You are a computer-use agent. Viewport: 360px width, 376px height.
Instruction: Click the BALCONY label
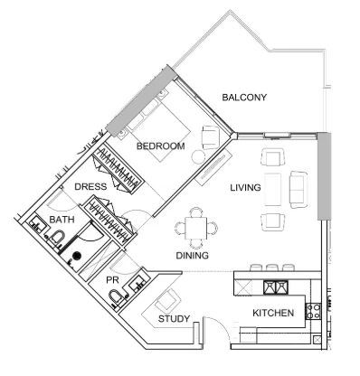point(244,99)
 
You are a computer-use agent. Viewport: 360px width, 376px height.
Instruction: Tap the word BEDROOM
point(160,146)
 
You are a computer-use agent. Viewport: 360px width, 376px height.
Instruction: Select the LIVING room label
point(245,188)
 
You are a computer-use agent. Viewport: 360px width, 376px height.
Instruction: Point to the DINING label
point(192,256)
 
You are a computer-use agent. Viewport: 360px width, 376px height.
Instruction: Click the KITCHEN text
point(272,313)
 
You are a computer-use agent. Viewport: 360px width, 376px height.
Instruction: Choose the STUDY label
point(174,319)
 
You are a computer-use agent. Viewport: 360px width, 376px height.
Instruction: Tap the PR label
point(113,280)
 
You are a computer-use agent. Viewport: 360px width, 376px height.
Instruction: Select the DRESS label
point(90,187)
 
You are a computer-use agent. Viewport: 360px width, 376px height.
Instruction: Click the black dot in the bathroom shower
point(77,257)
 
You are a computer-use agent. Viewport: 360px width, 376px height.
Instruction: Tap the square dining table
point(194,227)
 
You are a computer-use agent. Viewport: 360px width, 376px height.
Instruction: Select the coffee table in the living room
point(273,187)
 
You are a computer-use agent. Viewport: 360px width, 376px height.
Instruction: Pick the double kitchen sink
point(276,287)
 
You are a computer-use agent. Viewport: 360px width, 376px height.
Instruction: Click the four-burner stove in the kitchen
point(314,312)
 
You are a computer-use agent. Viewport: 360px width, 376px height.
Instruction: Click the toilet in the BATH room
point(57,238)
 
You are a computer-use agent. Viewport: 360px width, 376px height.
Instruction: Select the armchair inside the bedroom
point(209,136)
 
